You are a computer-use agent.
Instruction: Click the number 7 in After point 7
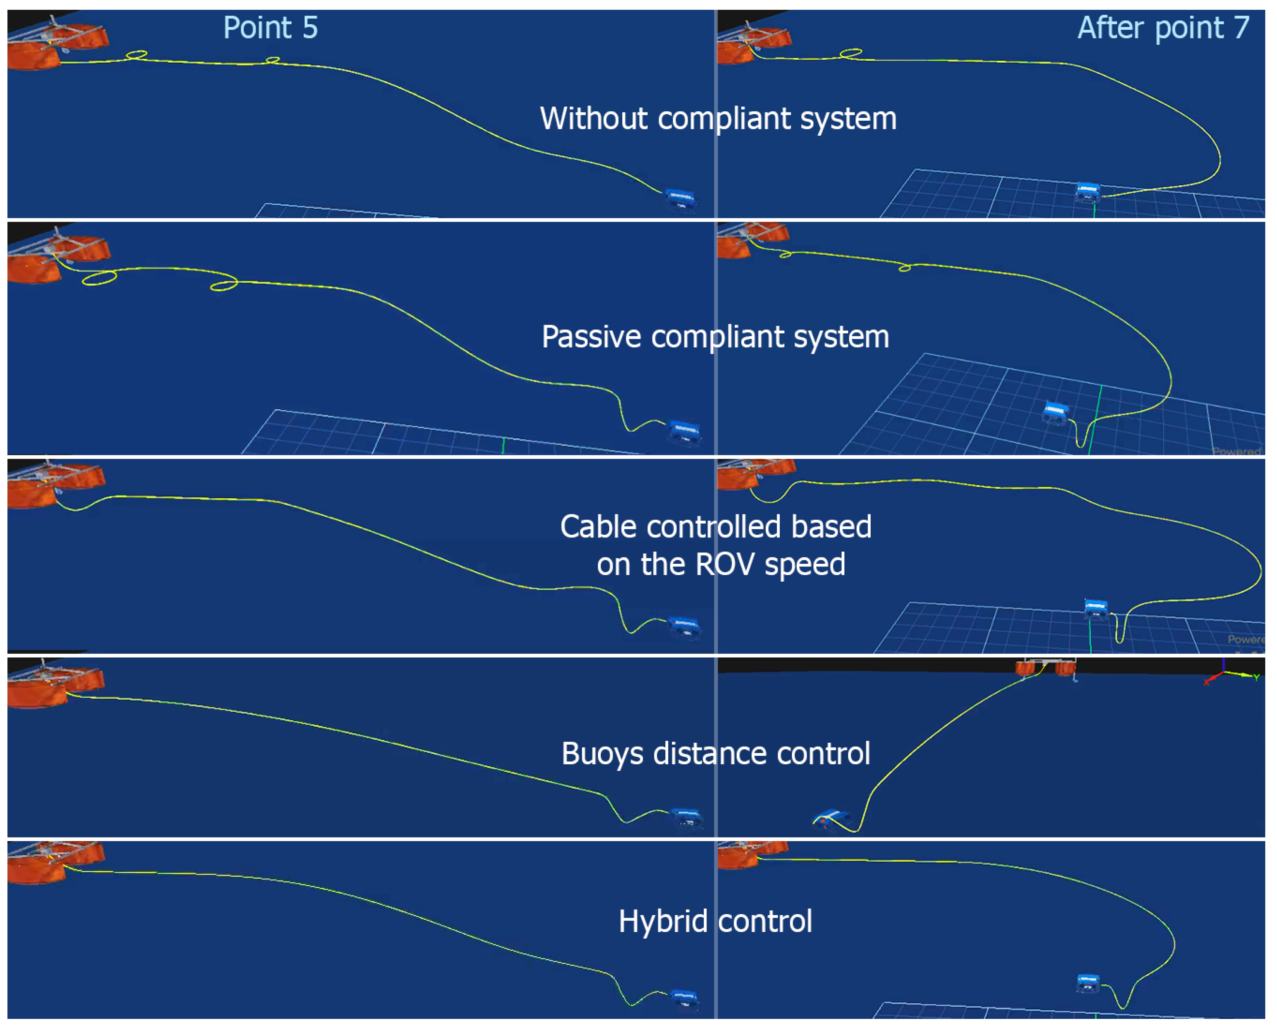tap(1241, 28)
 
